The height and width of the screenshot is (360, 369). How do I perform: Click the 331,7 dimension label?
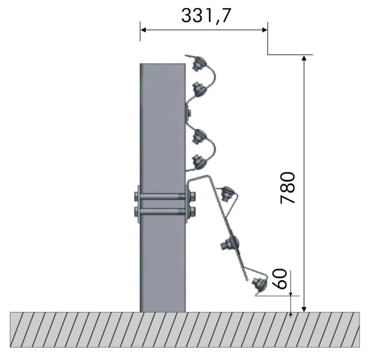(206, 15)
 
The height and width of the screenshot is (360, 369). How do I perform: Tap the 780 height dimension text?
(288, 188)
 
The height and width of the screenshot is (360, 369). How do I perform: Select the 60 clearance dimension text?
(280, 279)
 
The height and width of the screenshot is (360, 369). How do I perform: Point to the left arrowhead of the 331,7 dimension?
(143, 30)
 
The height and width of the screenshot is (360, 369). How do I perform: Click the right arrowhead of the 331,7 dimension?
(265, 30)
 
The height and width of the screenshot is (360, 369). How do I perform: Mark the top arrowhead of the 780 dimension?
(304, 58)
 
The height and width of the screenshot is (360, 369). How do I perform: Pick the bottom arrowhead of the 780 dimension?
(304, 309)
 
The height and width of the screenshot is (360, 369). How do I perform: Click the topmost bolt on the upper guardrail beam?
(199, 64)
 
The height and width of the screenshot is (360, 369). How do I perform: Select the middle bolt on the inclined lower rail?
(230, 243)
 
